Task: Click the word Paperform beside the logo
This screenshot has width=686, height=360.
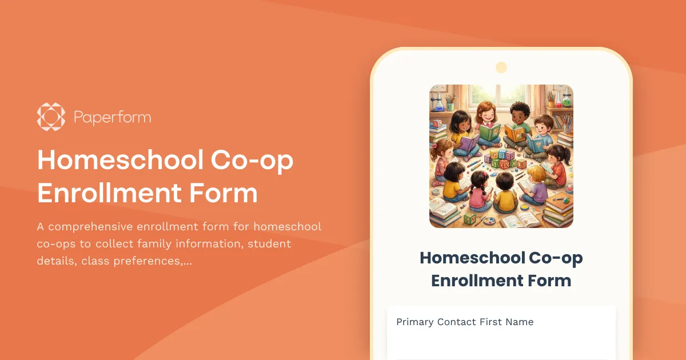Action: [x=113, y=118]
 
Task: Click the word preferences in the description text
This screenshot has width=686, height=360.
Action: [x=143, y=261]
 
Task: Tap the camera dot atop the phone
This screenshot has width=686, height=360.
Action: [x=501, y=67]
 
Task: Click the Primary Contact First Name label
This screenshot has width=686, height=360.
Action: [x=465, y=322]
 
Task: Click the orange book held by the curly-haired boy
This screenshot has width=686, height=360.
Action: [x=514, y=134]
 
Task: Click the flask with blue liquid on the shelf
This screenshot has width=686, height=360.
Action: [x=438, y=103]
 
